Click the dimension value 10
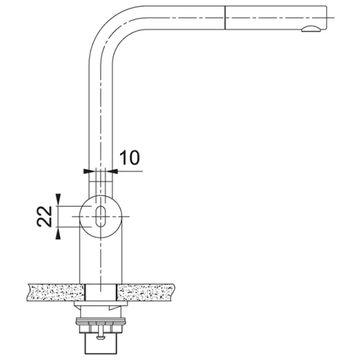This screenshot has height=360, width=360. click(130, 158)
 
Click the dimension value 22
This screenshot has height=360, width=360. click(44, 217)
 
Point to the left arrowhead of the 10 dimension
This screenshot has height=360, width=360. click(89, 171)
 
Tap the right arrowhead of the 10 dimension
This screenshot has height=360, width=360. click(113, 171)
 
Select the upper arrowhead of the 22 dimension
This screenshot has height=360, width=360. click(58, 199)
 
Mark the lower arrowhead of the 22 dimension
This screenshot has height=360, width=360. click(58, 234)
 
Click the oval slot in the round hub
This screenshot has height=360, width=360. click(101, 216)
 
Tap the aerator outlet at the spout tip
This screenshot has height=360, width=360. click(311, 29)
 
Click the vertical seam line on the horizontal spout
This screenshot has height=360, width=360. click(225, 17)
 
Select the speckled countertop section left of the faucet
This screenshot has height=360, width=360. click(56, 293)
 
